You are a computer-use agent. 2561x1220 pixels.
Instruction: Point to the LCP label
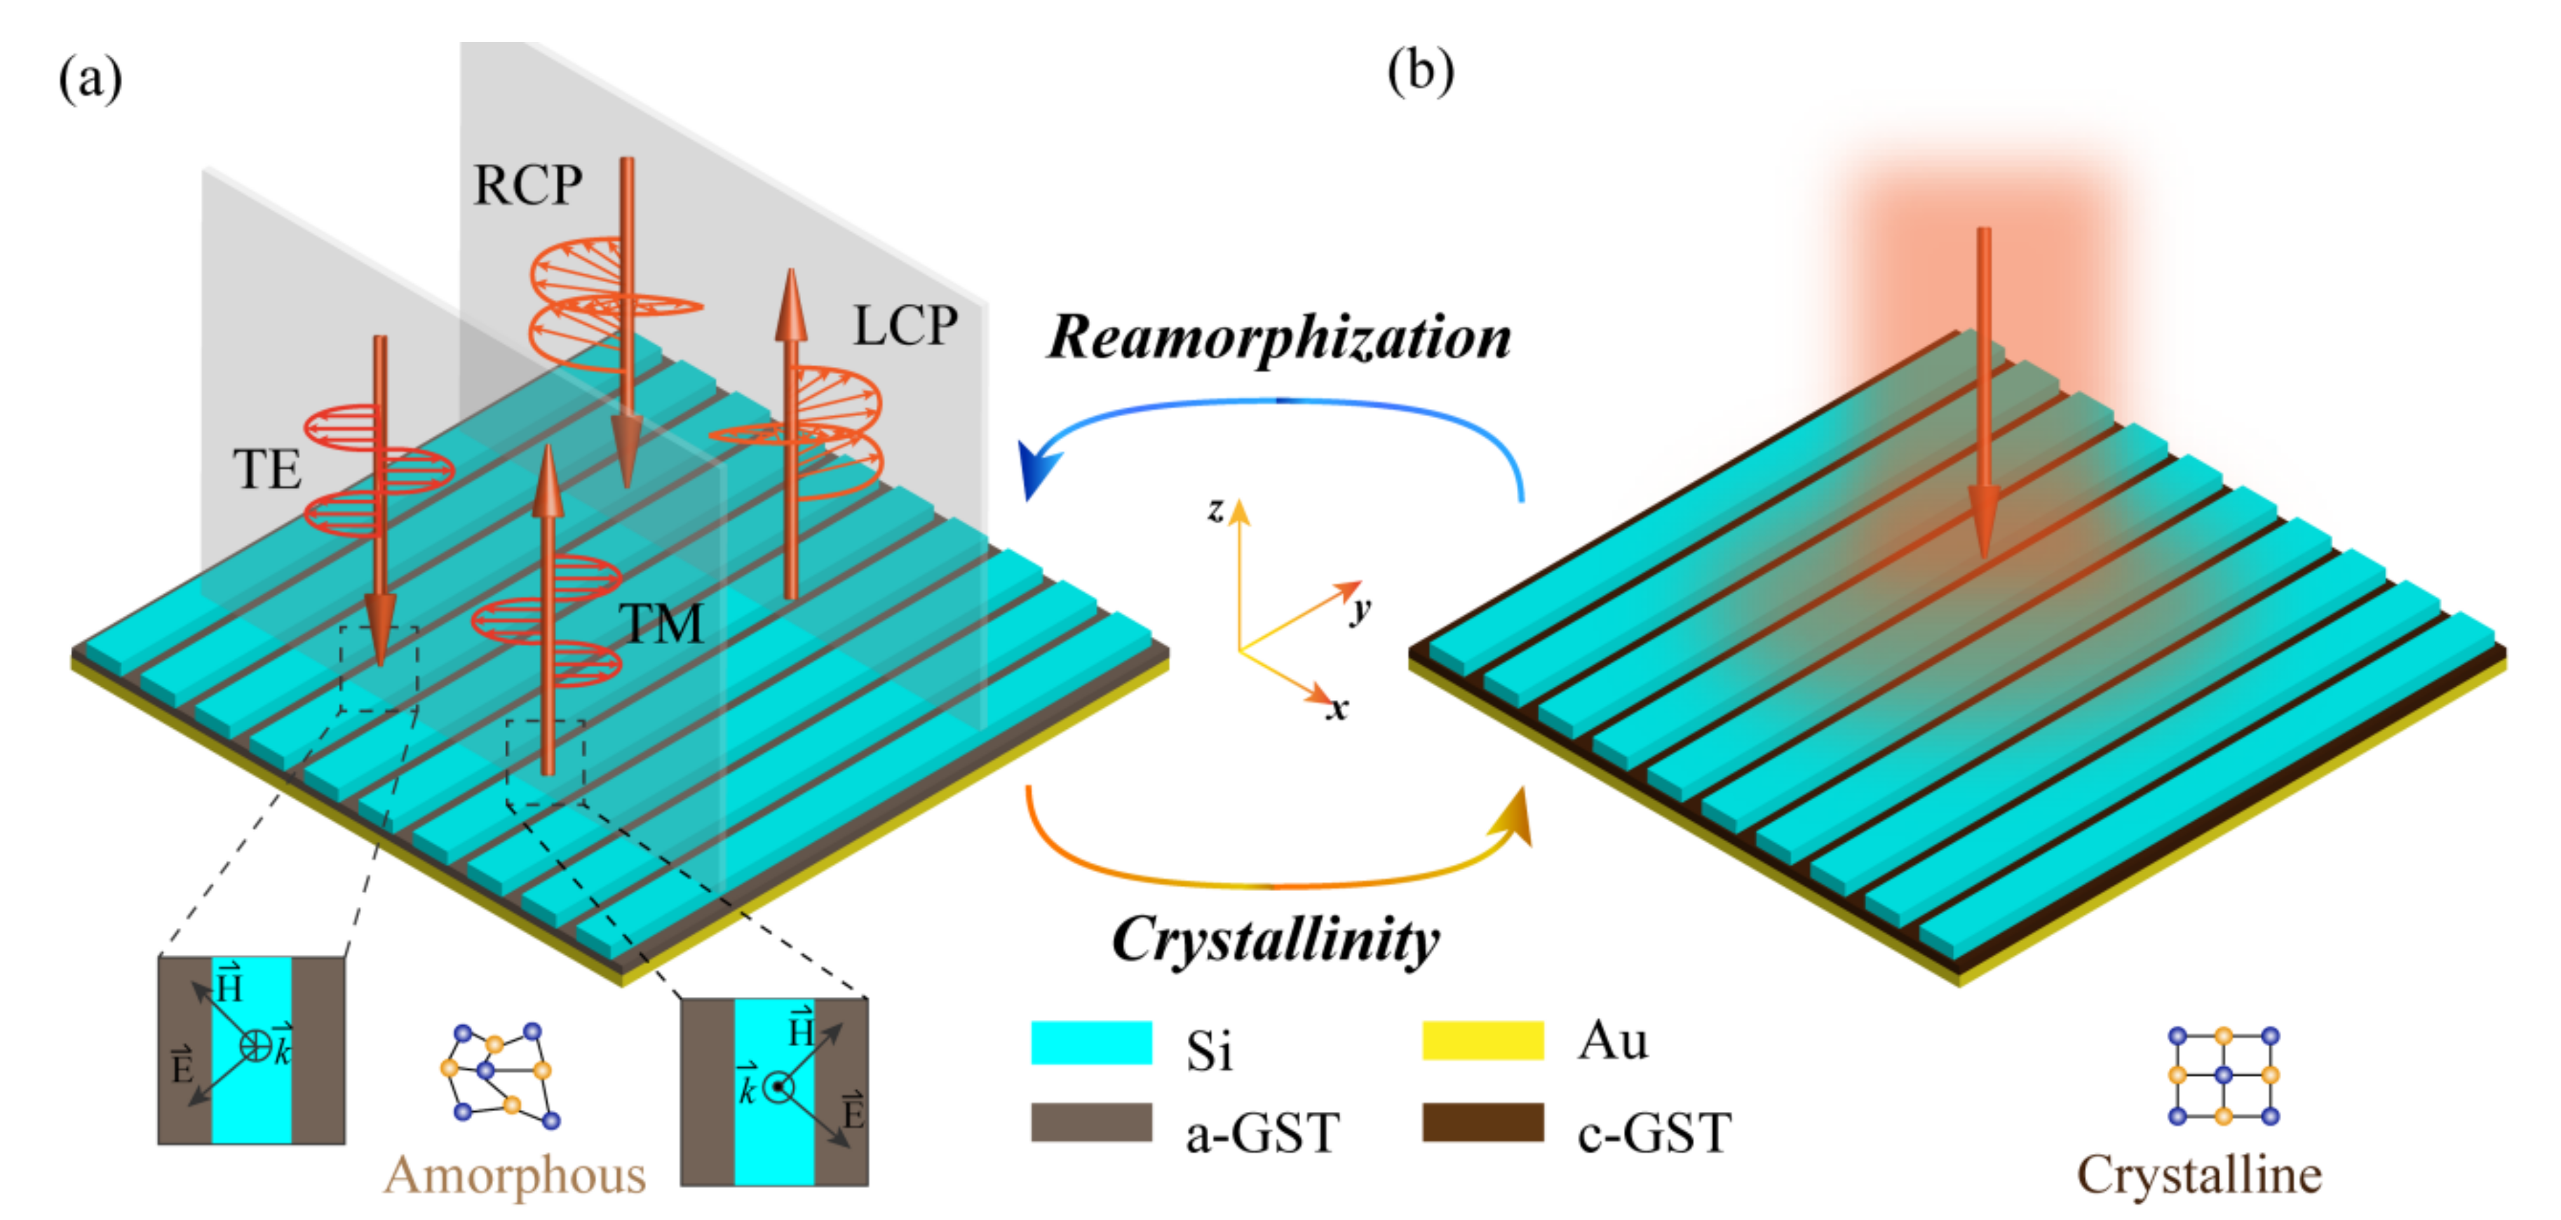pos(905,326)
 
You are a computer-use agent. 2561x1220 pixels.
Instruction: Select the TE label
pos(266,469)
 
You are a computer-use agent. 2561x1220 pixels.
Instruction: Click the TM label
pos(661,624)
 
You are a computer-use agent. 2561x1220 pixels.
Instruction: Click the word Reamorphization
pos(1280,338)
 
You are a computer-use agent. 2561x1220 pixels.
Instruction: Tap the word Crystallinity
pos(1276,939)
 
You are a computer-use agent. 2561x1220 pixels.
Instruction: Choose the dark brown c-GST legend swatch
pos(1482,1122)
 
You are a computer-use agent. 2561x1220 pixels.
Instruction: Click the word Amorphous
pos(515,1175)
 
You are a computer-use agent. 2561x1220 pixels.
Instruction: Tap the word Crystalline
pos(2199,1175)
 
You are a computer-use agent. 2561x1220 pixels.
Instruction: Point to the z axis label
pos(1215,509)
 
